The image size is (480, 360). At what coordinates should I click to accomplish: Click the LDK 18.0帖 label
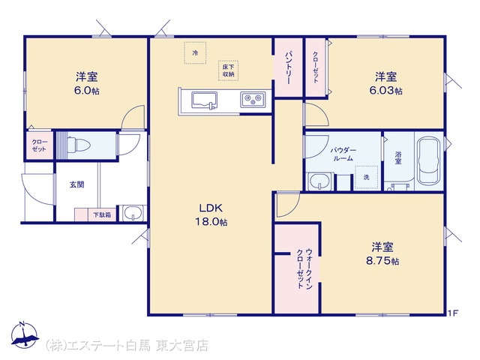pos(211,215)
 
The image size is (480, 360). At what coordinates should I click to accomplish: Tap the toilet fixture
pos(78,145)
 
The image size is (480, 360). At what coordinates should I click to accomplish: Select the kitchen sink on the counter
pos(204,100)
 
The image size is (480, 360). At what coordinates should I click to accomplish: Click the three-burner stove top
pos(253,99)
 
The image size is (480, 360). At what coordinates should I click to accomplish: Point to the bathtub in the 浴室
pos(428,161)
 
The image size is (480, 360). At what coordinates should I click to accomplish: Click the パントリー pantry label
pos(288,67)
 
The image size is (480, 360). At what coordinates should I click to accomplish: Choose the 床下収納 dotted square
pos(228,70)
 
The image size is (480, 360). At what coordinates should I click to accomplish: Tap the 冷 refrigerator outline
pos(195,52)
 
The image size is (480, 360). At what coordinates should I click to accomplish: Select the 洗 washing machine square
pos(366,177)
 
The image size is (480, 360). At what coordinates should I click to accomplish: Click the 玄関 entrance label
pos(76,184)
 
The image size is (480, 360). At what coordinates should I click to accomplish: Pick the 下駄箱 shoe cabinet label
pos(102,215)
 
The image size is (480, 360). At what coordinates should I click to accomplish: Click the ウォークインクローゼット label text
pos(304,268)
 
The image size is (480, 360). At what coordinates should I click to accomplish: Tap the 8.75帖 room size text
pos(382,261)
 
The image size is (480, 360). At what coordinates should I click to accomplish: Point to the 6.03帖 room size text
pos(385,91)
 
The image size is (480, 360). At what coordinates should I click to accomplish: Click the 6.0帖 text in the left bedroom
pos(87,91)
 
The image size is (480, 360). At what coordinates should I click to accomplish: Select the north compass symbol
pos(25,334)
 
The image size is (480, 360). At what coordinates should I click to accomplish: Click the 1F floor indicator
pos(453,313)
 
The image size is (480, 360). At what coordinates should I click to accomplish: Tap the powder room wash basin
pos(320,181)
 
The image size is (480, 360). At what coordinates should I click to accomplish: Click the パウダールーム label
pos(343,154)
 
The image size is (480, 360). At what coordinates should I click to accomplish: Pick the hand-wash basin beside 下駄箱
pos(133,212)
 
